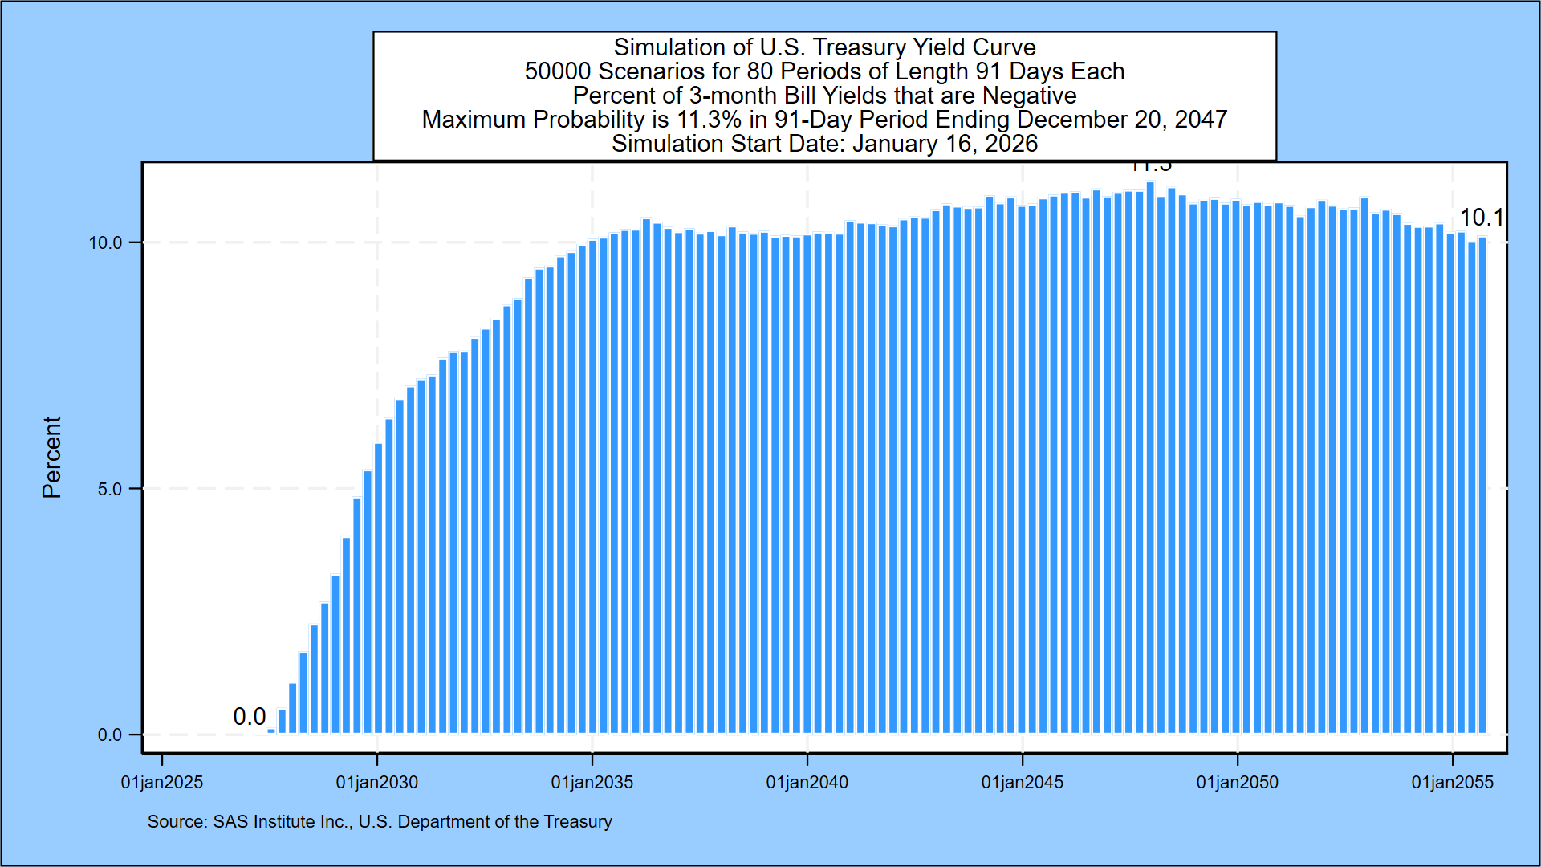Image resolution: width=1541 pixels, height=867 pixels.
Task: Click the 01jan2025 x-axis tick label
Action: (161, 782)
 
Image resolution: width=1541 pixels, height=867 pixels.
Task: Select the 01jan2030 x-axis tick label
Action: (376, 782)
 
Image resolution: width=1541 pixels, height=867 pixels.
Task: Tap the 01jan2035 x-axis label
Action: (592, 782)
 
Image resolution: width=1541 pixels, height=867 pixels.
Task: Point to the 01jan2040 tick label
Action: (807, 782)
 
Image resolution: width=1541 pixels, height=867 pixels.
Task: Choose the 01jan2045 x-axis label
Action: (1022, 782)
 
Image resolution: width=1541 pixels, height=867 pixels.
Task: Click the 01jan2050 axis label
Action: (1237, 782)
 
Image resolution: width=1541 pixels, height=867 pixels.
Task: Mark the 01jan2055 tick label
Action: (1452, 782)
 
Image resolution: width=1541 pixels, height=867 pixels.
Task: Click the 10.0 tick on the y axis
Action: (105, 242)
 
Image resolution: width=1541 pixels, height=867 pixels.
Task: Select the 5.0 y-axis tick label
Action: (110, 489)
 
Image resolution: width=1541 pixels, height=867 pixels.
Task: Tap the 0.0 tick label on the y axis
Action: (110, 735)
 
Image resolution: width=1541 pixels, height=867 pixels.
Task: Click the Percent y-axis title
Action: (51, 457)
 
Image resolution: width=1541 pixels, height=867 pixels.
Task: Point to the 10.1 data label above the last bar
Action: (1481, 218)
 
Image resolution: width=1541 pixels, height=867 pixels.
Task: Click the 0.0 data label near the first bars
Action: (249, 716)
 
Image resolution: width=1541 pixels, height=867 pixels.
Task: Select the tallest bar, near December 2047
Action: (1150, 458)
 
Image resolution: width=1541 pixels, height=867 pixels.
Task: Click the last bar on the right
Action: (1482, 482)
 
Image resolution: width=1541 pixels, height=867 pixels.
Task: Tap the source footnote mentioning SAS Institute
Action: (379, 821)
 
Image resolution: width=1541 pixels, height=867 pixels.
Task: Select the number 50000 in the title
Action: (558, 71)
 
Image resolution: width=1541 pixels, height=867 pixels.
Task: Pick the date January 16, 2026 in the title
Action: (945, 144)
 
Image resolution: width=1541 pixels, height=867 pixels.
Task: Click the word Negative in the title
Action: (1029, 96)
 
